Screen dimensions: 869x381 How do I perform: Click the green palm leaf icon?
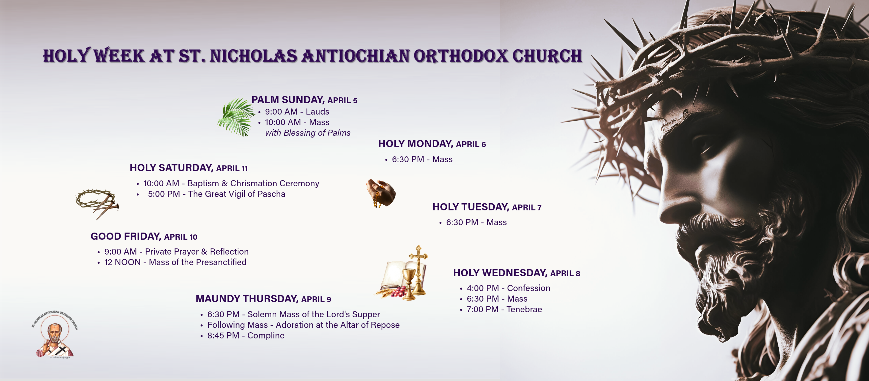coord(236,117)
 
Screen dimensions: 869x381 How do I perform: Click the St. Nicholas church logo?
coord(55,335)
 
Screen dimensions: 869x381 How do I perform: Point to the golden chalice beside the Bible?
coord(409,283)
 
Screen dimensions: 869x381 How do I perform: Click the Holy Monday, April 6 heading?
coord(432,144)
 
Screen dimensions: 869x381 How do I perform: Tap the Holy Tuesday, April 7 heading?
coord(487,207)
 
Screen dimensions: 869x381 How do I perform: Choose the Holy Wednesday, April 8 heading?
coord(516,273)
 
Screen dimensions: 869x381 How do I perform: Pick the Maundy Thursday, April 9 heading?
coord(263,299)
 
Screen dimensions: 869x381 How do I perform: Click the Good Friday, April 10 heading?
coord(144,236)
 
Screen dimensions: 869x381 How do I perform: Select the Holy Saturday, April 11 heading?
coord(189,168)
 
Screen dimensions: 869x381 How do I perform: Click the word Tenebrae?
coord(524,309)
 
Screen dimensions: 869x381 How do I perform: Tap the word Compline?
coord(266,336)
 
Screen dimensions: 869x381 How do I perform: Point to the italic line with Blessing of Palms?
coord(308,133)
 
